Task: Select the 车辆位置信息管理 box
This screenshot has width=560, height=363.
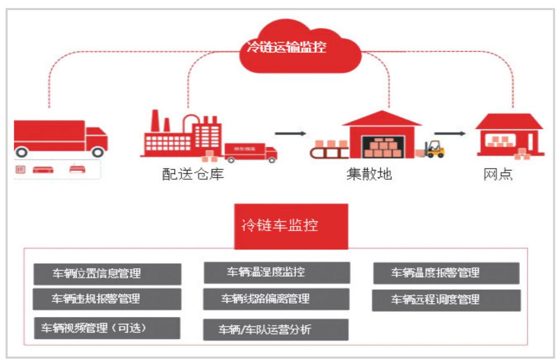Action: tap(107, 274)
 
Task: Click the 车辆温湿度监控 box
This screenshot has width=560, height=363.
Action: tap(277, 272)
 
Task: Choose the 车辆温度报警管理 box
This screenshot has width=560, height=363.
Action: tap(446, 273)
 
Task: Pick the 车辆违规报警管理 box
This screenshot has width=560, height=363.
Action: tap(107, 299)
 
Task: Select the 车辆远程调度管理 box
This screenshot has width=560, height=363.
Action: tap(446, 300)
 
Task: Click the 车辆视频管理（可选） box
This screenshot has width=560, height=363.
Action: tap(107, 328)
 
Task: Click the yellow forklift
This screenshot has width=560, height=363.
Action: tap(434, 148)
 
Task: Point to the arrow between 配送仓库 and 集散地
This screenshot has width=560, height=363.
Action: tap(290, 134)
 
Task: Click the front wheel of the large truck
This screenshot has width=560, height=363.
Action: tap(97, 151)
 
